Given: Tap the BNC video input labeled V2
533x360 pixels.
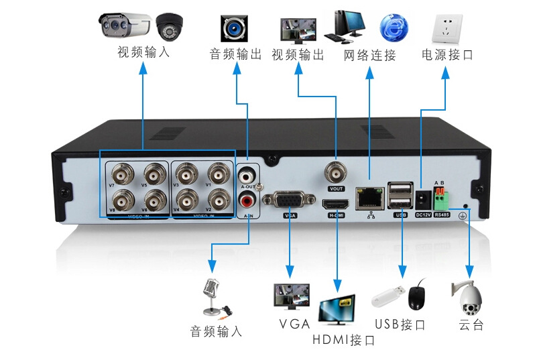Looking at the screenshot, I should [217, 199].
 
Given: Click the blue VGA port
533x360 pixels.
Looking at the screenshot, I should [290, 200].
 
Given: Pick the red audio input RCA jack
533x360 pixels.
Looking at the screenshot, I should [247, 199].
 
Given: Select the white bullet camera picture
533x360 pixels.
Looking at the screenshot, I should [126, 26].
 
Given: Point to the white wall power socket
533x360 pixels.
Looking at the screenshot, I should [447, 27].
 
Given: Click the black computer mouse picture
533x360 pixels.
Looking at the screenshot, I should [416, 295].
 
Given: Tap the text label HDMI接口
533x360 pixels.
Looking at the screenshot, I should [344, 340].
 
